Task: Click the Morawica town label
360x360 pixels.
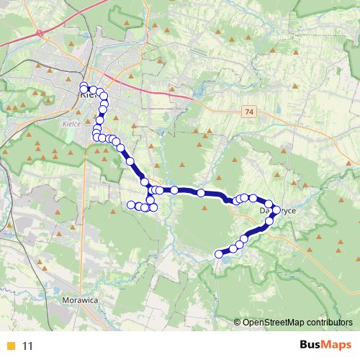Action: [79, 297]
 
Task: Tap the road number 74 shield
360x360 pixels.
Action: [248, 112]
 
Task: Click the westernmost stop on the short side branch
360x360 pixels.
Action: [131, 205]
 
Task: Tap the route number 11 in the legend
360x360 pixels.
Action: [28, 346]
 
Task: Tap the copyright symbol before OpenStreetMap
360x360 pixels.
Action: [237, 323]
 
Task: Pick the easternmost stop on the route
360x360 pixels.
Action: [276, 210]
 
